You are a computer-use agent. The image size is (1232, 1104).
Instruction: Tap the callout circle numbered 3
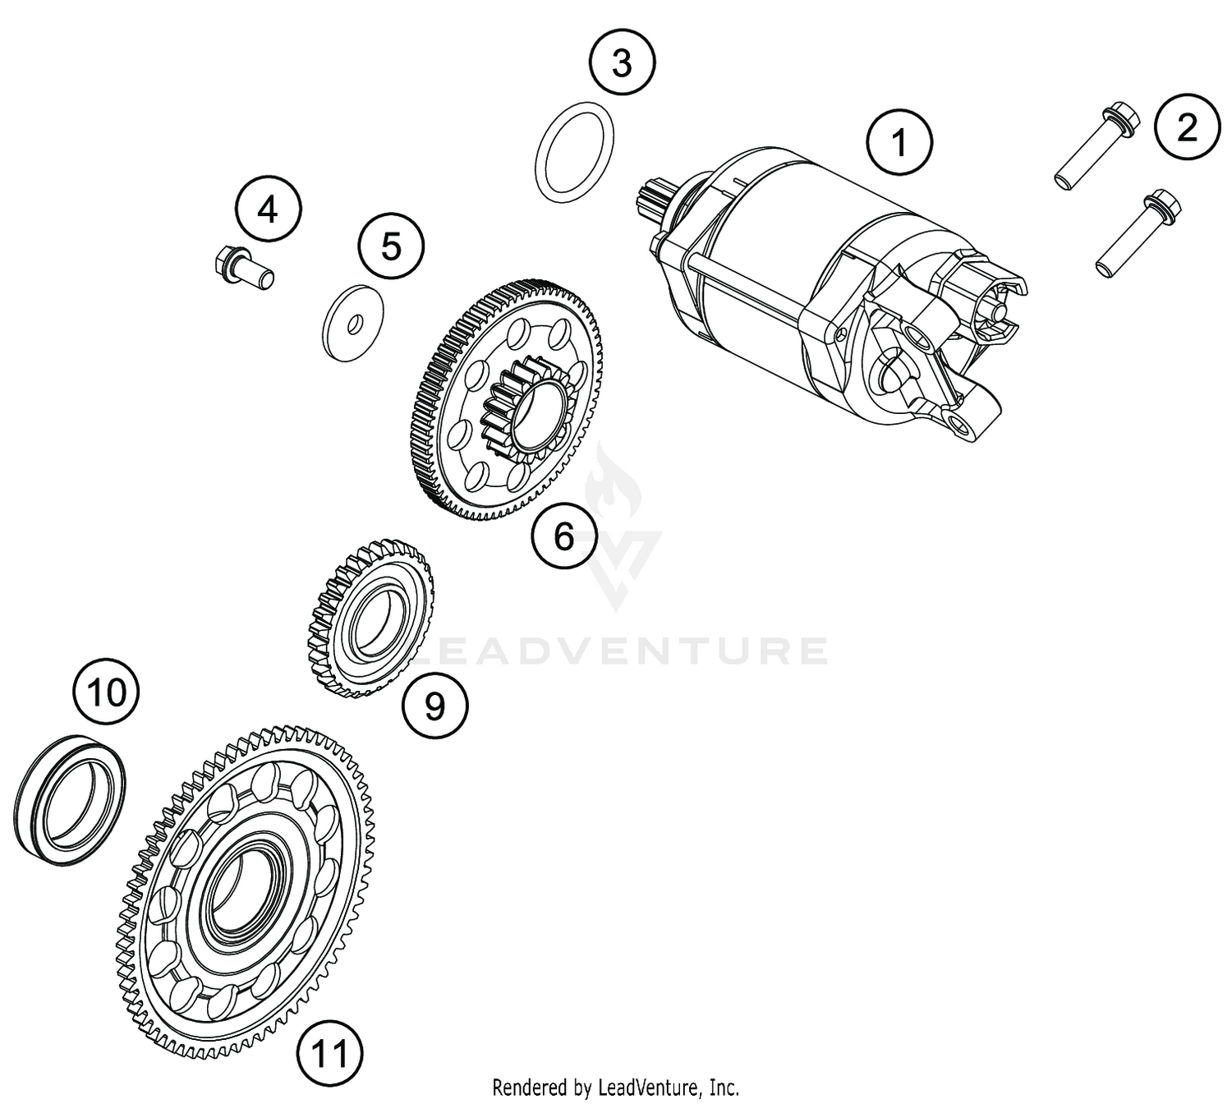tap(622, 62)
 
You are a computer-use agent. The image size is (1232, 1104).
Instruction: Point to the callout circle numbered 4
tap(268, 210)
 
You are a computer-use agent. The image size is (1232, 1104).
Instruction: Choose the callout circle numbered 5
tap(391, 246)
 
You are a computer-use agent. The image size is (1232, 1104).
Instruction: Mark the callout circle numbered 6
tap(564, 536)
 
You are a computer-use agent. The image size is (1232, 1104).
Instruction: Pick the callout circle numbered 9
tap(434, 704)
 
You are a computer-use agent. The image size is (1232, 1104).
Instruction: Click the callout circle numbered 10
tap(106, 692)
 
